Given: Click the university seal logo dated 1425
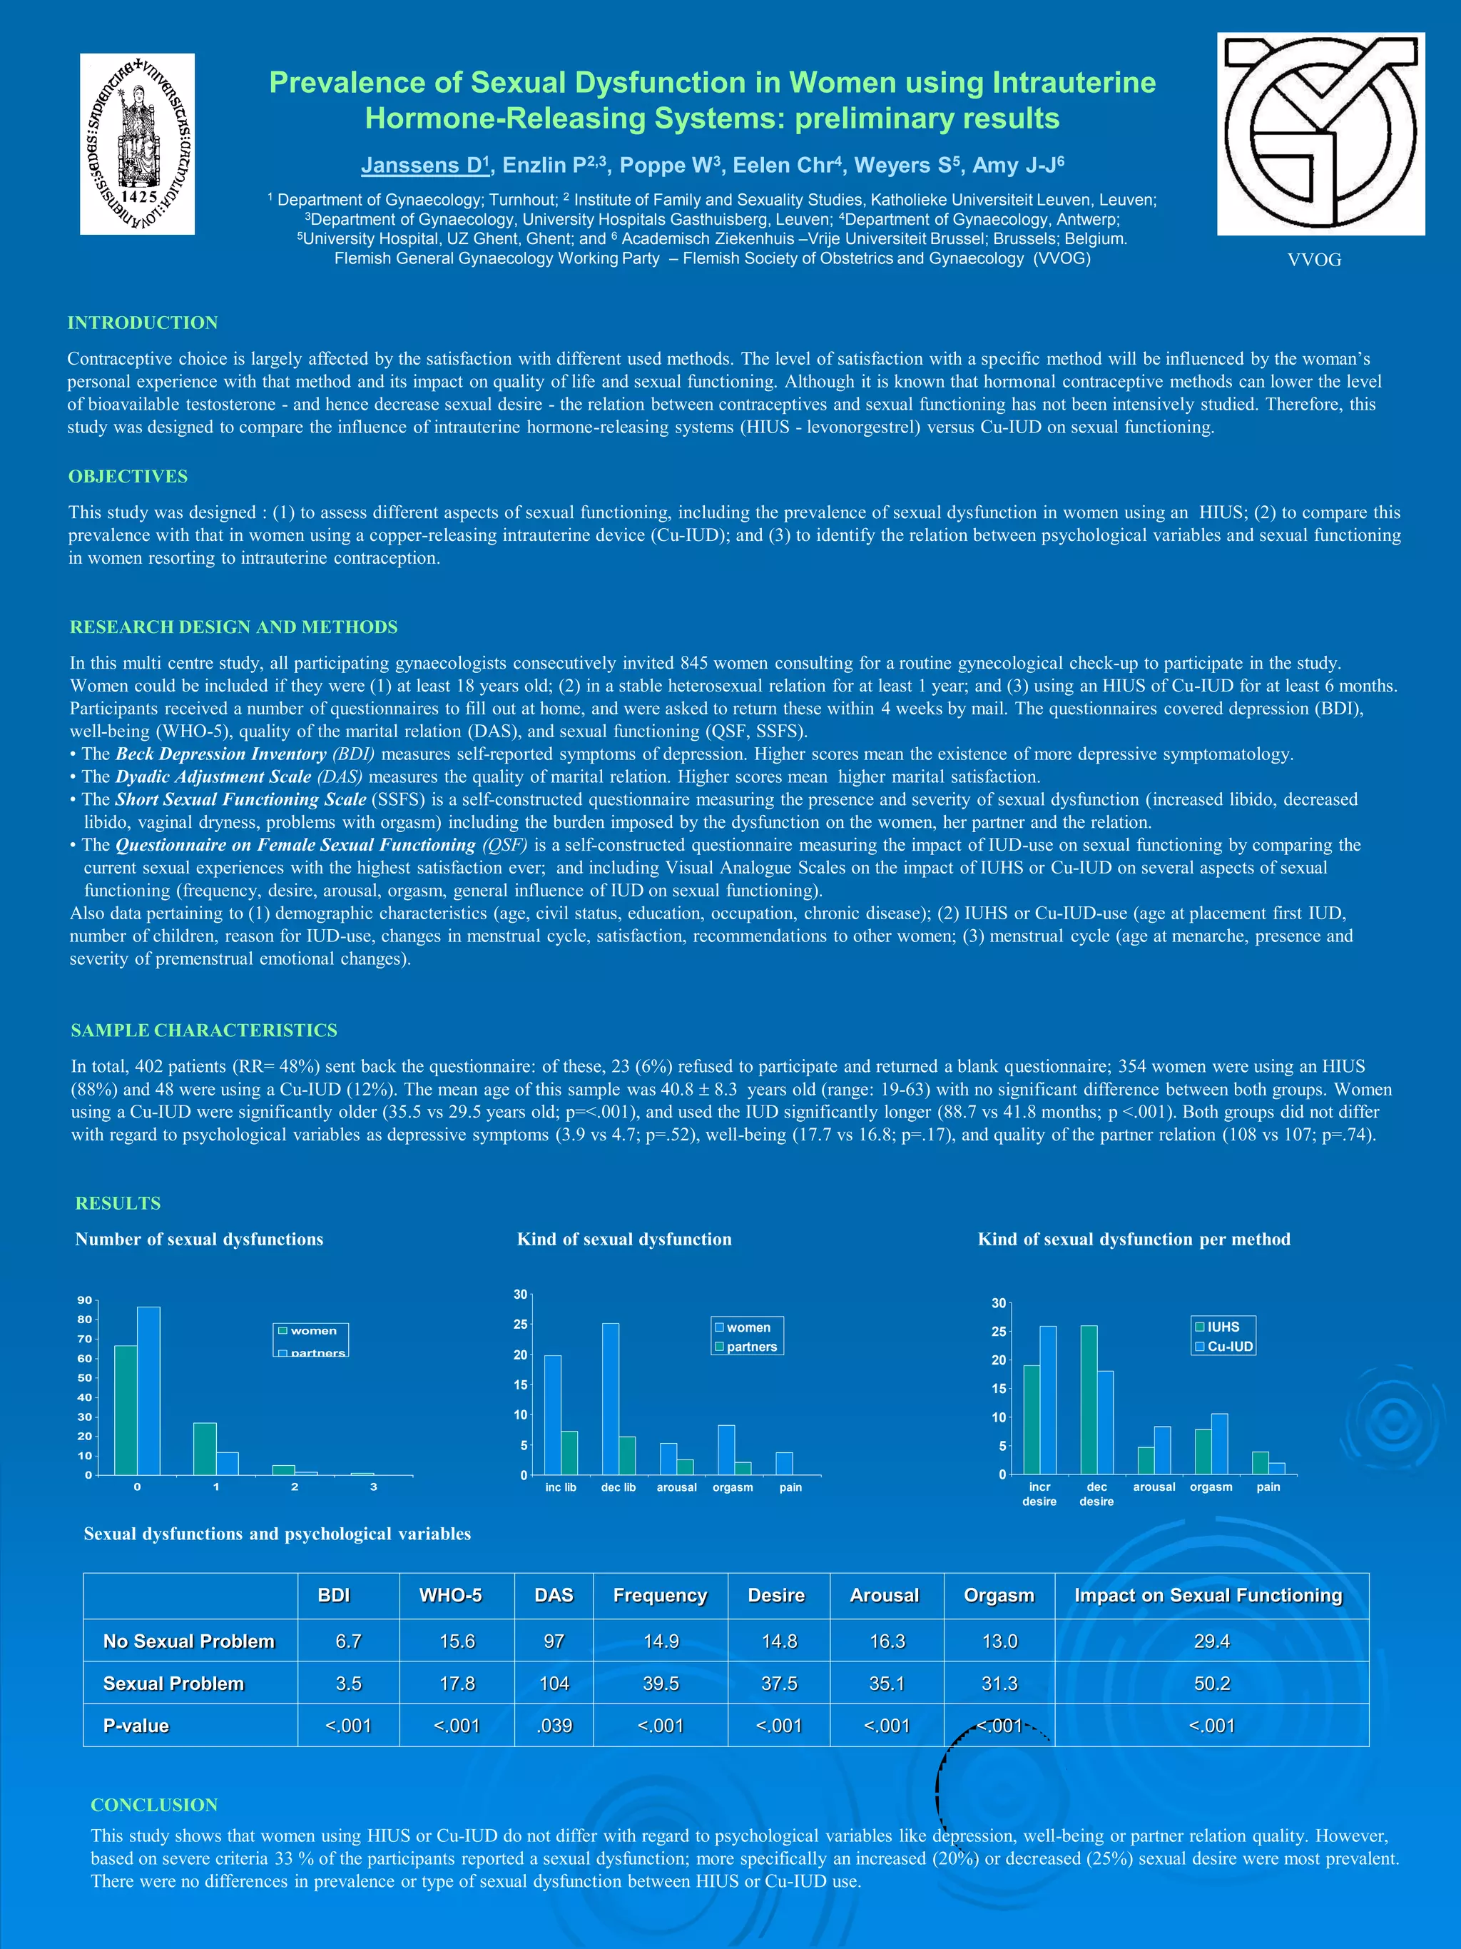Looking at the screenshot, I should pos(138,143).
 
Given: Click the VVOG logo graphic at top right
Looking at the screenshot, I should pos(1320,134).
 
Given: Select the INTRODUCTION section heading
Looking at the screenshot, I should pos(143,323).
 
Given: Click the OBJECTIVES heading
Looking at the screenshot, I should pos(128,476).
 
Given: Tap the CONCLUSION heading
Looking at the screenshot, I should pos(154,1805).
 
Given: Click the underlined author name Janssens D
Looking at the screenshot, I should pos(424,166).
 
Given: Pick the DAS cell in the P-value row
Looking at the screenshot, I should pos(554,1725).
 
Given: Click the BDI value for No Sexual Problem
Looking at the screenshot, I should pos(348,1641).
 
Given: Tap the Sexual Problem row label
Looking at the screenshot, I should pos(173,1683).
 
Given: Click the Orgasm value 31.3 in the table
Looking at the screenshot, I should pos(999,1683).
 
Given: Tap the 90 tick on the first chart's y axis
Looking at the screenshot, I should pos(85,1300).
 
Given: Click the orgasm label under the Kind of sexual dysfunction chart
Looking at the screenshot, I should pos(733,1487).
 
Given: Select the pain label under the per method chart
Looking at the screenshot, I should pos(1268,1487).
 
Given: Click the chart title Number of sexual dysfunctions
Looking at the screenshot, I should pos(199,1239).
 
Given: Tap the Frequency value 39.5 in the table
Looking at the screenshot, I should pos(661,1683).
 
